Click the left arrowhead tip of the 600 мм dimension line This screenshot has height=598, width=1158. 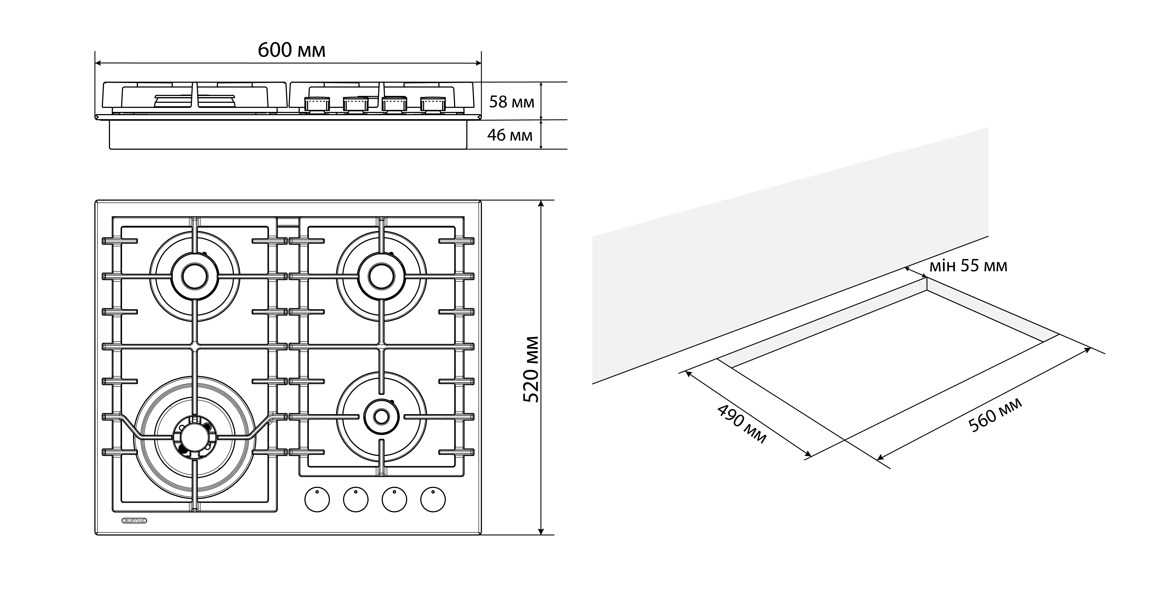pos(95,63)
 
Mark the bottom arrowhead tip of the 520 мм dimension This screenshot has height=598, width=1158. pos(541,535)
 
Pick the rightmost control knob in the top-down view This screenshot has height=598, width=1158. pos(433,499)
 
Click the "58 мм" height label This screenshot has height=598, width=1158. pos(511,102)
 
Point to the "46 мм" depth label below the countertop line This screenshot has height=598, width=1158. pos(510,135)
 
